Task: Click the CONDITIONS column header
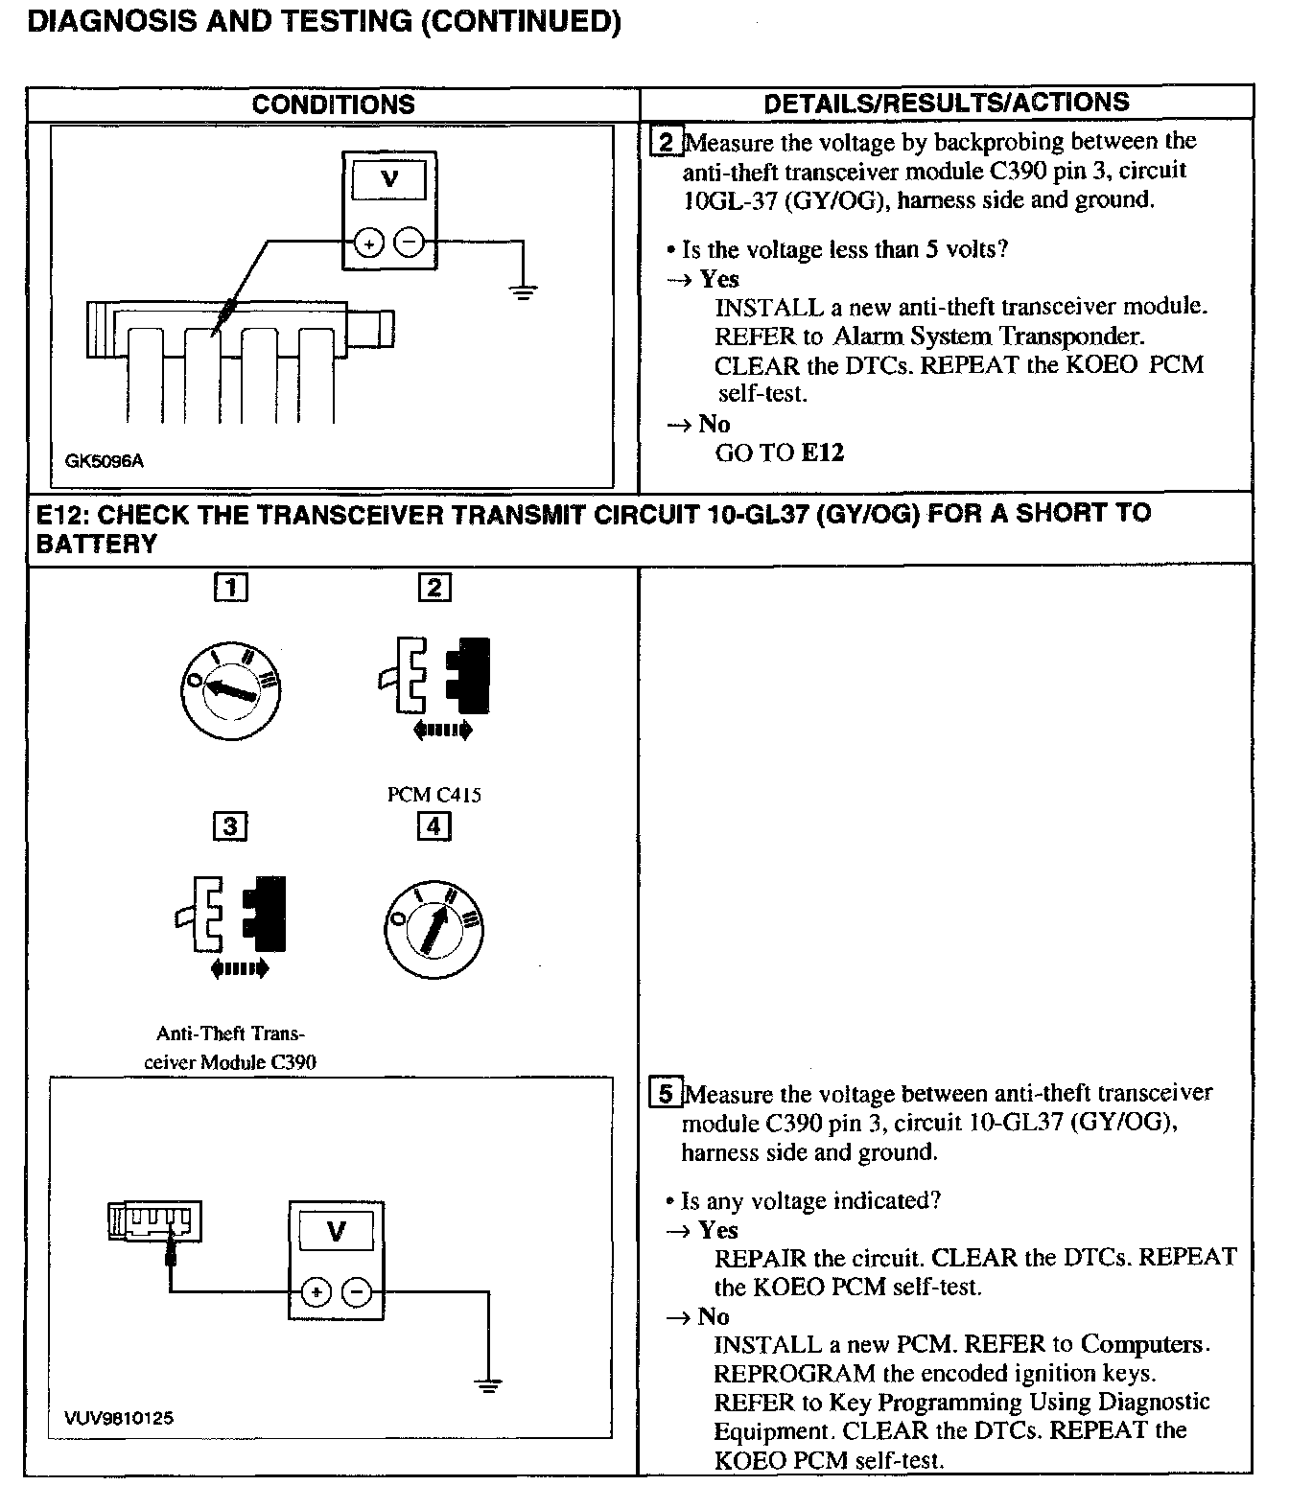[x=333, y=104]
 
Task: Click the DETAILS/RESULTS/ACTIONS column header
[x=946, y=103]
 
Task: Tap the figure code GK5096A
[x=105, y=461]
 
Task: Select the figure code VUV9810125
[x=119, y=1418]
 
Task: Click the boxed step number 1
[x=230, y=587]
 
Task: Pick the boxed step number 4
[x=434, y=825]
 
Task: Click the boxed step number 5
[x=666, y=1093]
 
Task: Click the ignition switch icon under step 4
[x=434, y=928]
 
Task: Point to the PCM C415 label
[x=434, y=795]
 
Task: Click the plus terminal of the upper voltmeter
[x=367, y=245]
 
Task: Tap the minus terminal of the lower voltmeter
[x=357, y=1293]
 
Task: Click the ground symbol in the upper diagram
[x=523, y=292]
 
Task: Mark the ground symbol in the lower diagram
[x=488, y=1384]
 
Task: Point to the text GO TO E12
[x=779, y=453]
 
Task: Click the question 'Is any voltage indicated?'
[x=810, y=1201]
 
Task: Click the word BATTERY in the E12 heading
[x=96, y=545]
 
